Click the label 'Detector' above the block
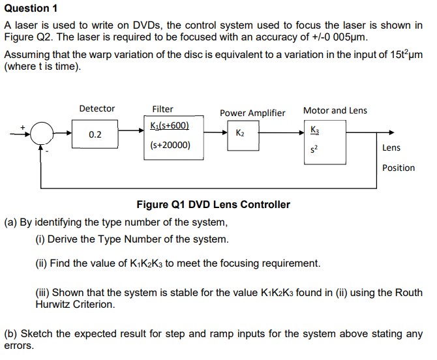97,108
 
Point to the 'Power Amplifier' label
252,113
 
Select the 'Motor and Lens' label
335,110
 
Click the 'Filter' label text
162,109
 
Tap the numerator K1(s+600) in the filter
170,125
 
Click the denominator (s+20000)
170,145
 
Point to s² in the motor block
314,149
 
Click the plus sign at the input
23,127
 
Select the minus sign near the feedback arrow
46,152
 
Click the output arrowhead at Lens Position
391,132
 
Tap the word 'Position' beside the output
399,168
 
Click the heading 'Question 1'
31,8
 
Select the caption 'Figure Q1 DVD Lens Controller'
213,205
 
